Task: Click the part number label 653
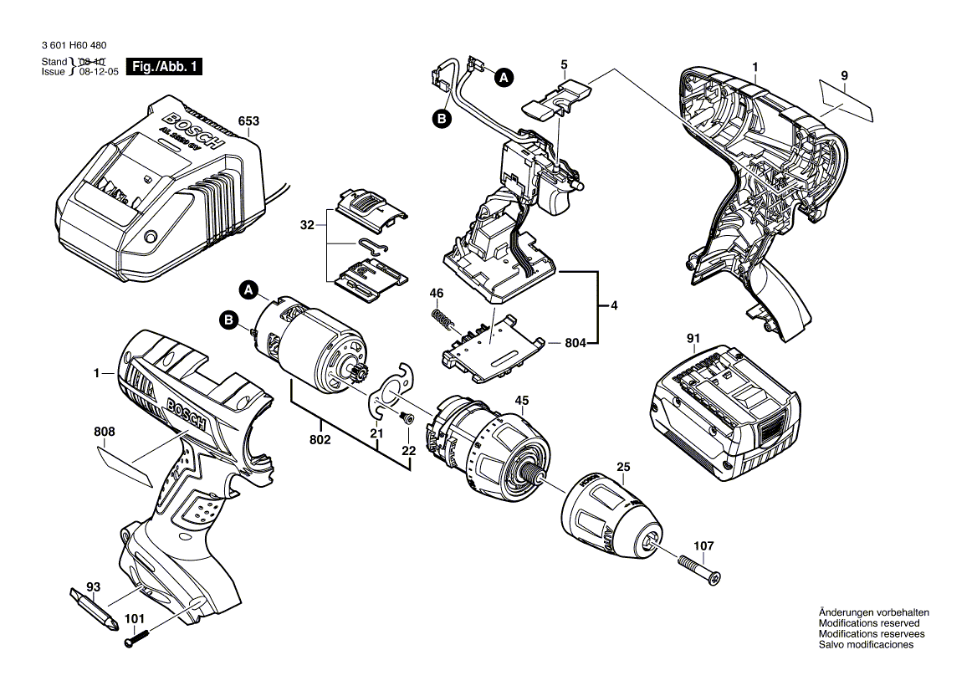[x=248, y=120]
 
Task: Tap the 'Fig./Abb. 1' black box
[x=164, y=67]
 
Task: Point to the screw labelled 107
[x=699, y=570]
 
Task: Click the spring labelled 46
[x=442, y=320]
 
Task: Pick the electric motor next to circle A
[x=309, y=343]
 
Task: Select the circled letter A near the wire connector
[x=502, y=78]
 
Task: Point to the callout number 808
[x=105, y=433]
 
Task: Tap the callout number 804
[x=575, y=342]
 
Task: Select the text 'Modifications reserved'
[x=869, y=623]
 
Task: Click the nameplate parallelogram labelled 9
[x=847, y=101]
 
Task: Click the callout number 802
[x=320, y=439]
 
